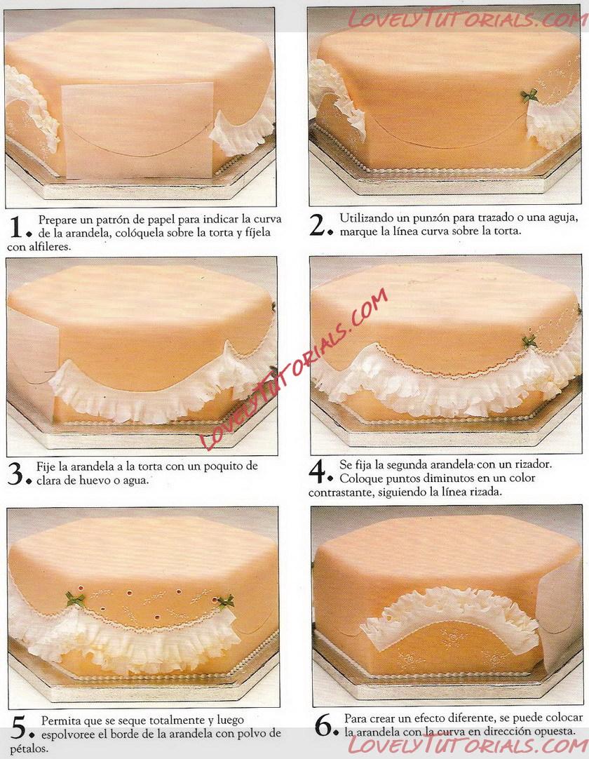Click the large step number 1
[15, 227]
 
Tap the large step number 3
[15, 474]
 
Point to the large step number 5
[18, 727]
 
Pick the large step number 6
[323, 725]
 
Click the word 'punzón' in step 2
[432, 218]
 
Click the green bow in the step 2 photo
[529, 95]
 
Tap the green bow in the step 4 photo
[529, 341]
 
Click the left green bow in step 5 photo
[75, 599]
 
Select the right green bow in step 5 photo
[225, 602]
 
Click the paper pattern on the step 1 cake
[139, 130]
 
